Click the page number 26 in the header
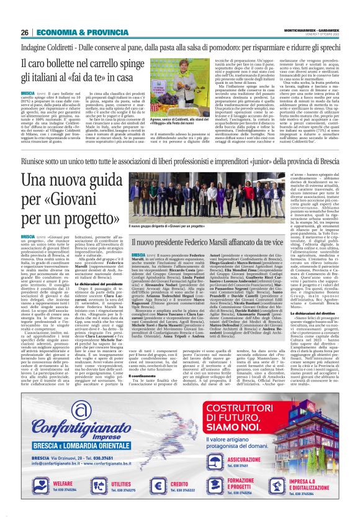pyautogui.click(x=24, y=14)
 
